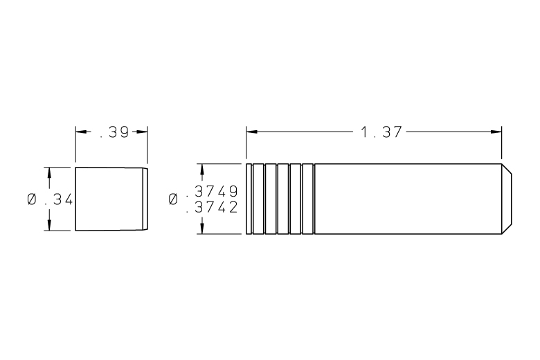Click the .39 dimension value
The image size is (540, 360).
114,132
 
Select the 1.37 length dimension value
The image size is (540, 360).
381,132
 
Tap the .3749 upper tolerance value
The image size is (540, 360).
212,190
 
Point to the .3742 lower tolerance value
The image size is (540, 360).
212,207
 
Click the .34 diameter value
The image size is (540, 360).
59,199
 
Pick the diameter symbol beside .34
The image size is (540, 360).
32,199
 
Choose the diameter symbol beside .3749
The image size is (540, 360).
174,199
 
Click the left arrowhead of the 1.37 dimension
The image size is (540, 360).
252,132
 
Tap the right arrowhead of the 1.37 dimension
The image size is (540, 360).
496,132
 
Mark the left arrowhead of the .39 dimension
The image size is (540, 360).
81,132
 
